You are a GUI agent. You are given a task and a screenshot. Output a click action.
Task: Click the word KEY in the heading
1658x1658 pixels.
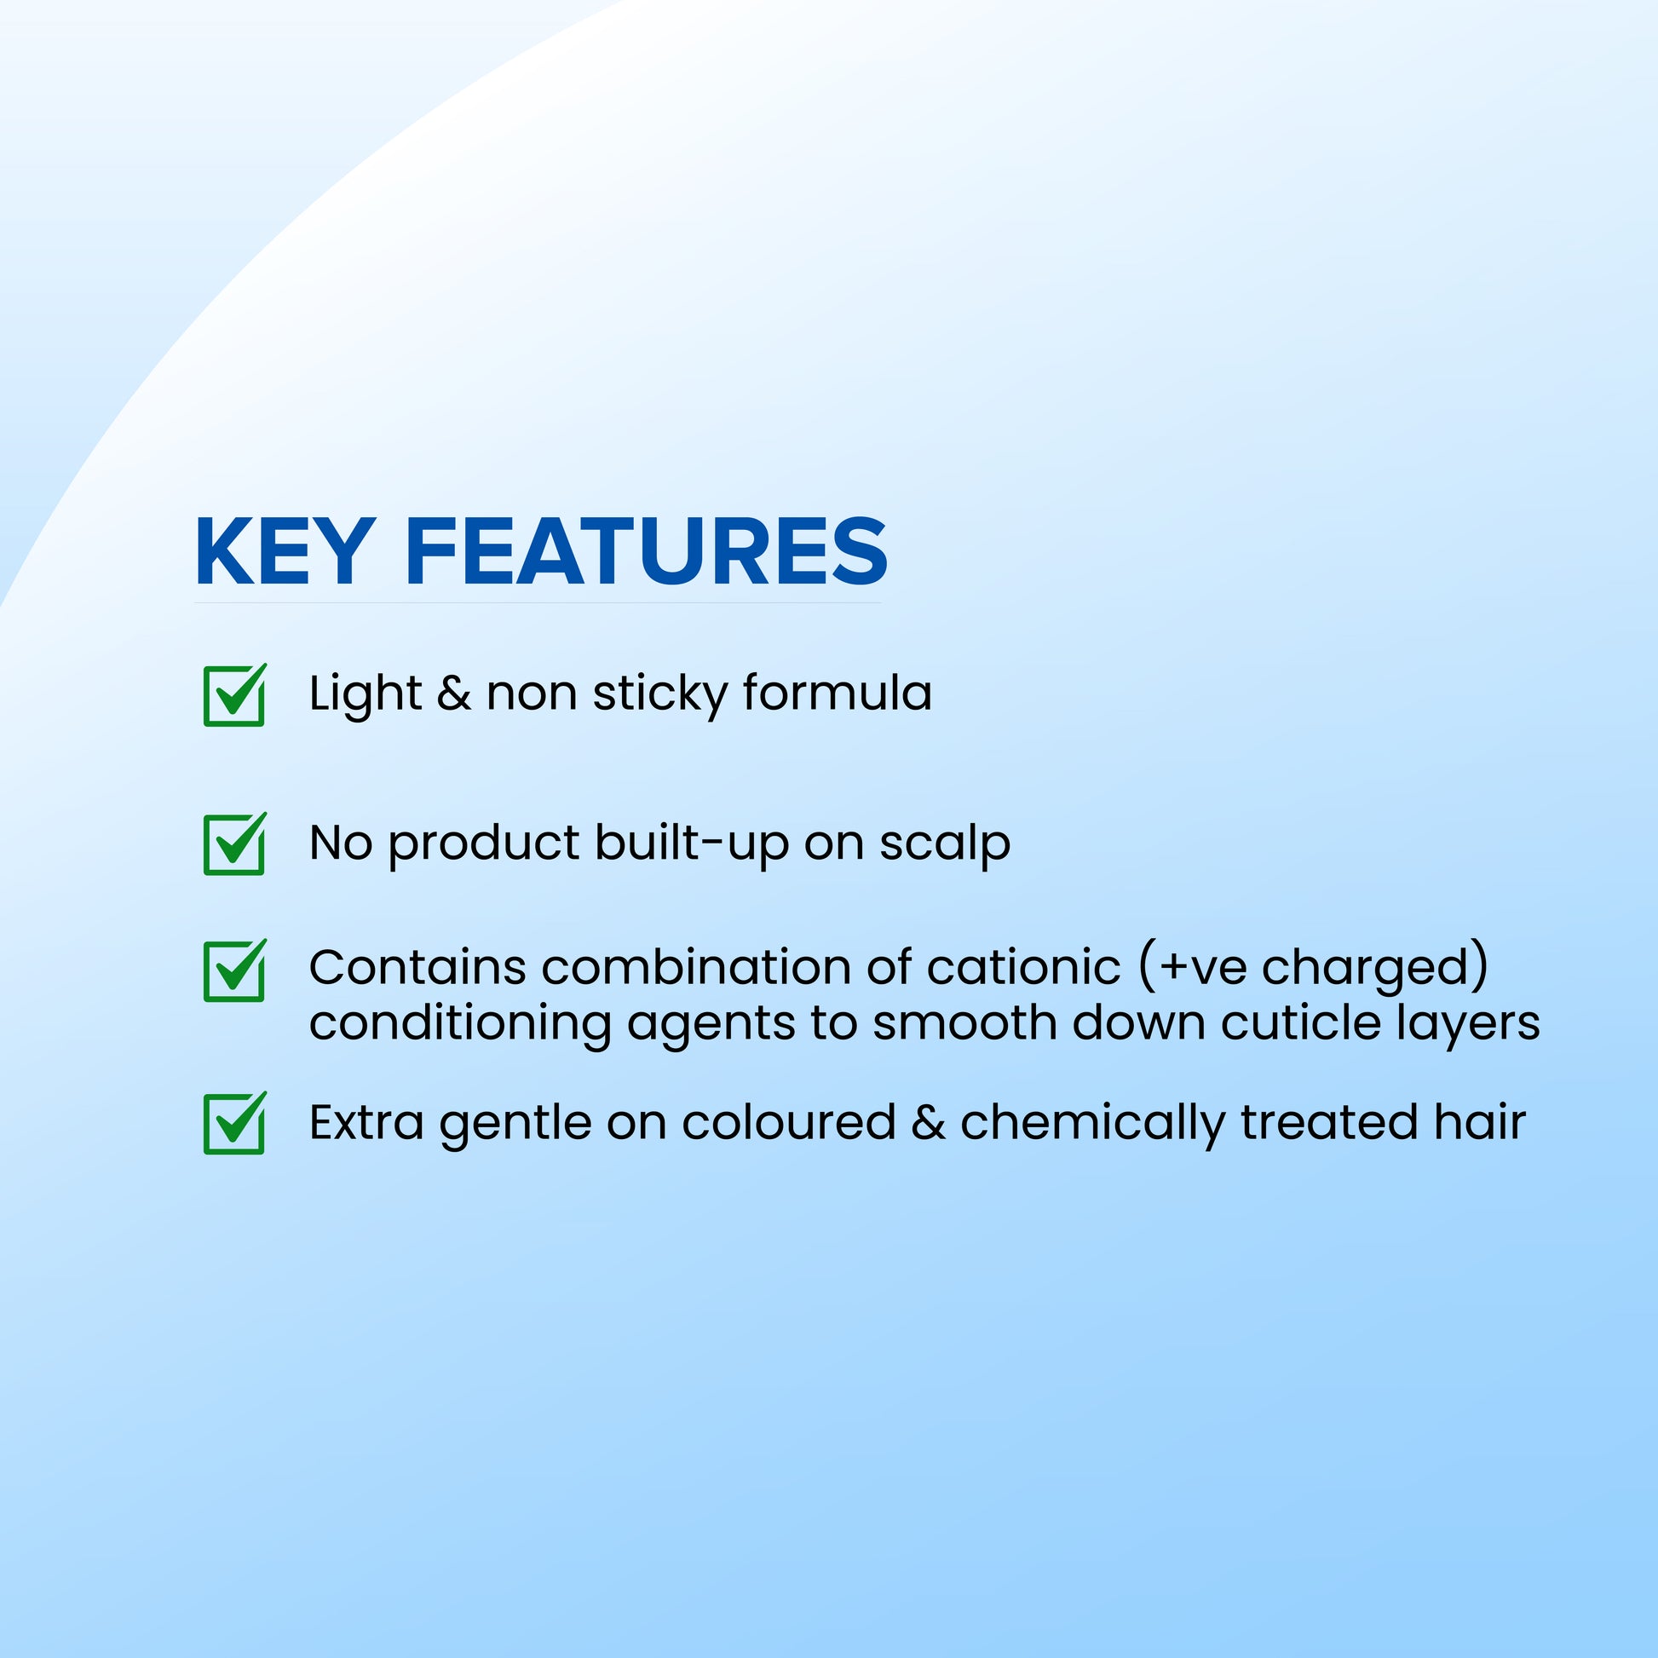coord(284,552)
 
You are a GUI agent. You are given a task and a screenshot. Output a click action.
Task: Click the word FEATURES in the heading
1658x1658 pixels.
coord(647,552)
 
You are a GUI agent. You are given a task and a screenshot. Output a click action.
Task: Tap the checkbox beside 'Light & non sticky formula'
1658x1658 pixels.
coord(234,695)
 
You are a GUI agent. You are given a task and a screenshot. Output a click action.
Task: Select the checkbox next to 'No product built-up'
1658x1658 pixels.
coord(234,843)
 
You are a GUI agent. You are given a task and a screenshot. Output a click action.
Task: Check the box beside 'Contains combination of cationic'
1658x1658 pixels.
coord(234,970)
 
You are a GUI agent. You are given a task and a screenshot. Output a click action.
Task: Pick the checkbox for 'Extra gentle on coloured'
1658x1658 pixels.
coord(234,1122)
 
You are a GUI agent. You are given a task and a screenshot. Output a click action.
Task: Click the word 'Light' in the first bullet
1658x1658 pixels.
coord(366,695)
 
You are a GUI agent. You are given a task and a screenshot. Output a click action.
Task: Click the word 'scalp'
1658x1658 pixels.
coord(945,843)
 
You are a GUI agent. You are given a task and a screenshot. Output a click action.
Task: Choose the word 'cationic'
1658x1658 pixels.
coord(1024,967)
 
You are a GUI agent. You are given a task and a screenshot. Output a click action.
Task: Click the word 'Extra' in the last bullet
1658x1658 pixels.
coord(366,1122)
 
